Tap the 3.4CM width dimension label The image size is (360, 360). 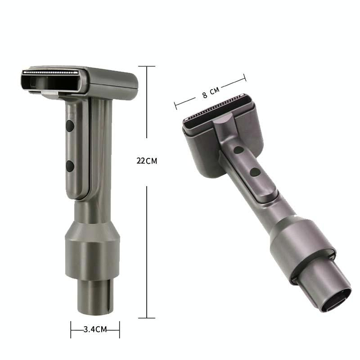95,329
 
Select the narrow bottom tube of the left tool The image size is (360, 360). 94,297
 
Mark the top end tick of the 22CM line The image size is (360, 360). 147,66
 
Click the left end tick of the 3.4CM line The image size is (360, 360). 71,329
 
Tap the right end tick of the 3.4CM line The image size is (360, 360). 119,329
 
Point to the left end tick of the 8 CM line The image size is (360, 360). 175,106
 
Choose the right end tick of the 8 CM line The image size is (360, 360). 245,77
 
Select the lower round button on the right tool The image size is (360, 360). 256,171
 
